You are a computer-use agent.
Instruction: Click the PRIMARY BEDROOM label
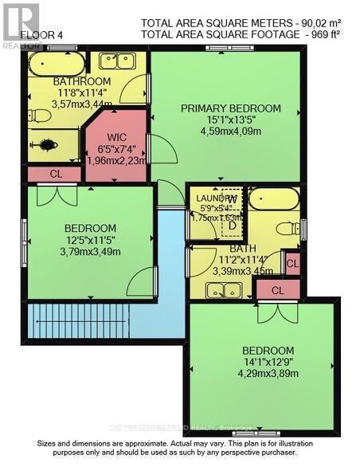coord(230,108)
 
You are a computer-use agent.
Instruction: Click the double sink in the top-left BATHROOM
coord(117,61)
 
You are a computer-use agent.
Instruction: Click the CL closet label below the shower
coord(54,173)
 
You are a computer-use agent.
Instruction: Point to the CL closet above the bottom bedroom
coord(277,291)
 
